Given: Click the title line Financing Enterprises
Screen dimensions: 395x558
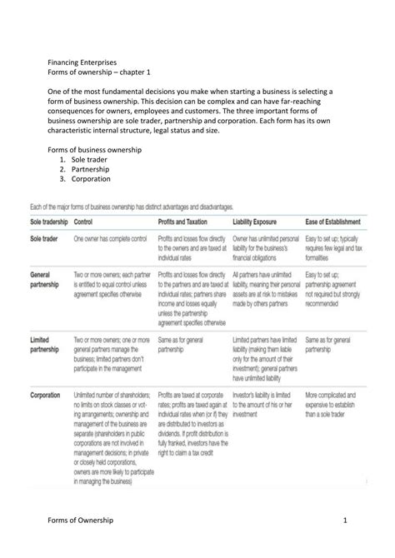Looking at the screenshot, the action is [x=82, y=62].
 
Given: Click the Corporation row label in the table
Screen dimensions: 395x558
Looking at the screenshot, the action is [x=46, y=394].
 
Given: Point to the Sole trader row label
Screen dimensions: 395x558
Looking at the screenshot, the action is [x=45, y=238].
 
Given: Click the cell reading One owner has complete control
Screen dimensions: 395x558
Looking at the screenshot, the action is [x=108, y=238].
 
